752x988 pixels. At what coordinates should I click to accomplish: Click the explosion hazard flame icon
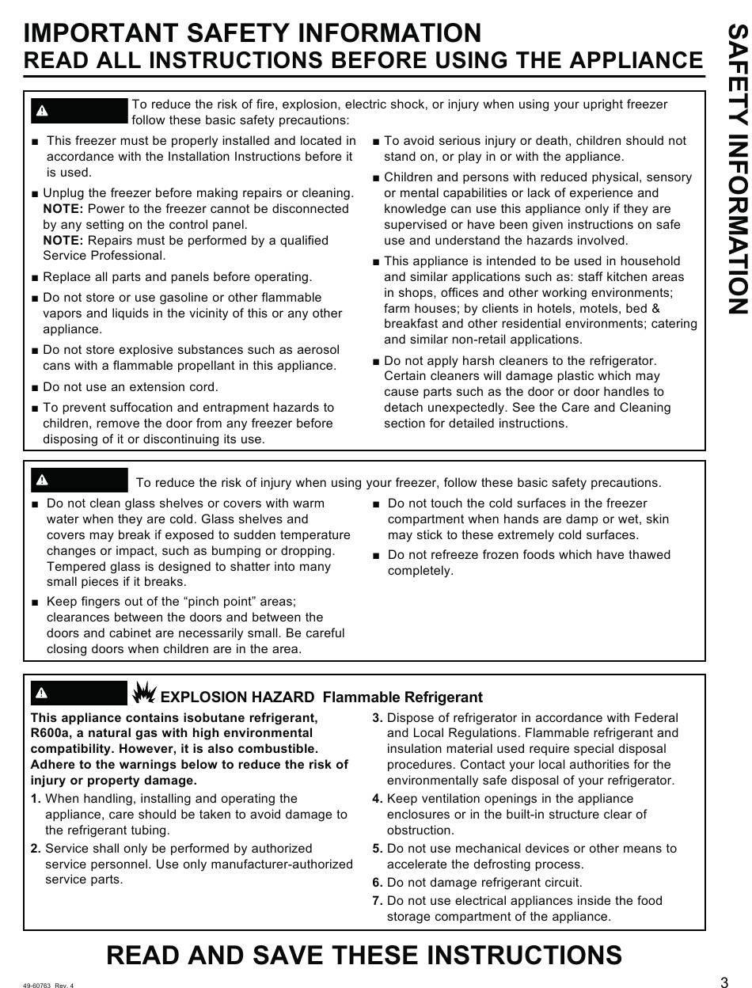[144, 693]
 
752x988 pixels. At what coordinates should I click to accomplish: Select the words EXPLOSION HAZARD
[237, 697]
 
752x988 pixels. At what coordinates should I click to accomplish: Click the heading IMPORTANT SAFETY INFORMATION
[253, 33]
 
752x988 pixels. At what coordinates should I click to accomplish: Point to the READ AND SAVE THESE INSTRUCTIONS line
[364, 956]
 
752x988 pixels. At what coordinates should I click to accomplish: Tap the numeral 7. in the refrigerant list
[378, 901]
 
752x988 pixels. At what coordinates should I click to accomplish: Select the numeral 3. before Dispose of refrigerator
[378, 718]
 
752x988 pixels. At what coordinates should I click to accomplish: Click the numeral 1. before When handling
[36, 799]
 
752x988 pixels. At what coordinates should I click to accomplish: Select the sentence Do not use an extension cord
[131, 387]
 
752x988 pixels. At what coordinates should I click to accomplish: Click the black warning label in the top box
[79, 110]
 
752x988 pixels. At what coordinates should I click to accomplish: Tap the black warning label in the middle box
[79, 480]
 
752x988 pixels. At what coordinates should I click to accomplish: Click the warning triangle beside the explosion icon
[42, 693]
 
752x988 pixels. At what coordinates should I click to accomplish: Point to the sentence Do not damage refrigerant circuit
[484, 883]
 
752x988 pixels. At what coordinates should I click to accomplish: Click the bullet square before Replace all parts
[36, 278]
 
